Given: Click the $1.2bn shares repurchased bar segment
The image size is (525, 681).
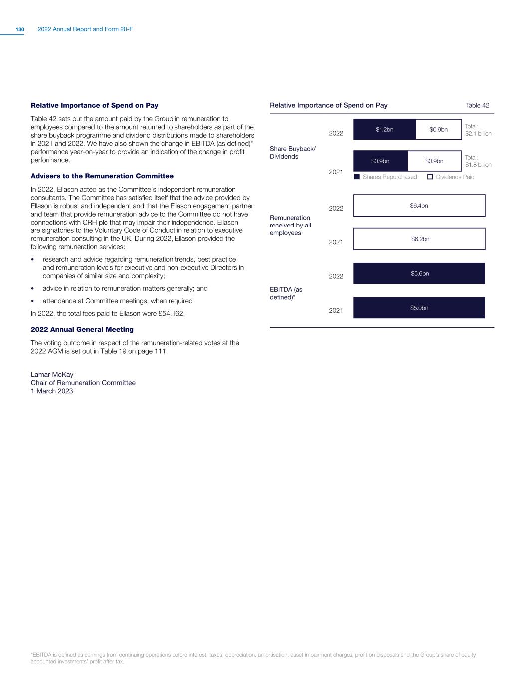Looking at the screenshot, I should point(384,130).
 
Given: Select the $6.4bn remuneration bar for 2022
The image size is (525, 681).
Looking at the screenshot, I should point(419,206).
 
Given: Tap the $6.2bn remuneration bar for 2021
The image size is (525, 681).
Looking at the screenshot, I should point(419,239).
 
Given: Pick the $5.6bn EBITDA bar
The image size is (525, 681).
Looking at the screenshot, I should point(419,274).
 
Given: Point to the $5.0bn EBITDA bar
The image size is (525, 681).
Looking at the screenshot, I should point(419,308).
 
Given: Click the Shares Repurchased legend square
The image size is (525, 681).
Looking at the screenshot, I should point(357,177).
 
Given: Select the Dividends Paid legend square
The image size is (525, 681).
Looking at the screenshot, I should point(430,177).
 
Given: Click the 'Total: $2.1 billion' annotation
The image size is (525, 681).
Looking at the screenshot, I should point(478,130).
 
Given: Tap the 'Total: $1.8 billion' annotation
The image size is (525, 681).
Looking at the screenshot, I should point(478,161).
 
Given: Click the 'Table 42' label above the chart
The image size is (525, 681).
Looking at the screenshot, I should point(477,105).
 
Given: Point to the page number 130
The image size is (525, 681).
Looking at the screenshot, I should point(20,30).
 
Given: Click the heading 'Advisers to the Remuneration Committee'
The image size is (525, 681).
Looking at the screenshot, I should point(102,176).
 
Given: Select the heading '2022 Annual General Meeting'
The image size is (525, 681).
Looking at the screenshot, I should point(82,330).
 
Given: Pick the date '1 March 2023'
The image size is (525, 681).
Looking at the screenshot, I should point(52,391).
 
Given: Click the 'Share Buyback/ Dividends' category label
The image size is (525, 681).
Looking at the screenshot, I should point(292,153).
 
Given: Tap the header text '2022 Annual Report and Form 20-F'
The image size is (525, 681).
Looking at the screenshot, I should point(85,30).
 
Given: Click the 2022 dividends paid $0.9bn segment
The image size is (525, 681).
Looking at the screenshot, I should point(438,130).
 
